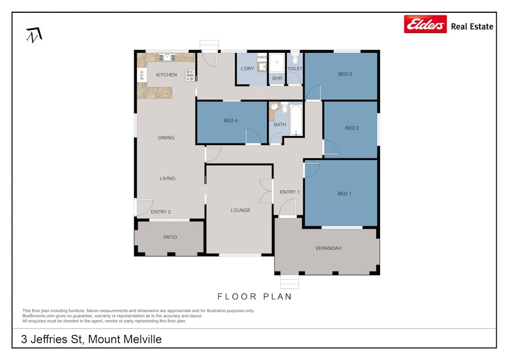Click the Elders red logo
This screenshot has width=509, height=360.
point(425,24)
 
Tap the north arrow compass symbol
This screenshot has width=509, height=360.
point(34,35)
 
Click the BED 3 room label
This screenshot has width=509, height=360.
point(345,74)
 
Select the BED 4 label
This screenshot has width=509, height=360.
point(230,121)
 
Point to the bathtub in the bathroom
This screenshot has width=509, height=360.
point(296,120)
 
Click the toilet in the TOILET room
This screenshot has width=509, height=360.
point(295,59)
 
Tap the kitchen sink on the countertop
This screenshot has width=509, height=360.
point(167,58)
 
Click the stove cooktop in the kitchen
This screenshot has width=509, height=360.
point(190,75)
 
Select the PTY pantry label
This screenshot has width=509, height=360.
point(142,75)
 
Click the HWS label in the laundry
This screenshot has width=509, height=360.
point(262,57)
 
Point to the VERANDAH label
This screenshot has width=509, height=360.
point(328,248)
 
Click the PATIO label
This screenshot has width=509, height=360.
point(170,237)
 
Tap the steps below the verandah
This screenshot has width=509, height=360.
point(289,282)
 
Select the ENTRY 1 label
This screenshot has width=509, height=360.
point(289,192)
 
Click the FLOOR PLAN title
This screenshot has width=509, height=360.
point(255,297)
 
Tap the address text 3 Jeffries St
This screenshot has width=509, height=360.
point(51,339)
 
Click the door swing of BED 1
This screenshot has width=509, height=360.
point(312,170)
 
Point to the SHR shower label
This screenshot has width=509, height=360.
point(277,78)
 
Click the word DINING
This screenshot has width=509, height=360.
point(166,138)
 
